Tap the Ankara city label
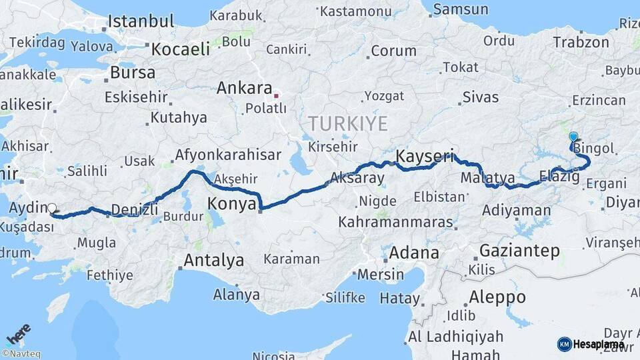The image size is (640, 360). [x=245, y=89]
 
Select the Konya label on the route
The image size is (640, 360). [x=231, y=203]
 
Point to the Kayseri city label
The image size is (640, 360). [x=425, y=157]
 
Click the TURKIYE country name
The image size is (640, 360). [x=347, y=124]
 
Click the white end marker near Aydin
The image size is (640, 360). [x=52, y=209]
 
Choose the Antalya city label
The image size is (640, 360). [x=213, y=260]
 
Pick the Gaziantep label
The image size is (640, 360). [x=519, y=251]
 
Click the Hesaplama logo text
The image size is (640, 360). [x=598, y=344]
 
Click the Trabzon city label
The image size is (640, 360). [x=581, y=43]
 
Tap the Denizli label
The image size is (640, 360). [x=135, y=209]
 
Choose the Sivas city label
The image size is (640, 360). [x=480, y=97]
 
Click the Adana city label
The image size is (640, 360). [x=414, y=253]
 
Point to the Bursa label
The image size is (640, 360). [x=133, y=72]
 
